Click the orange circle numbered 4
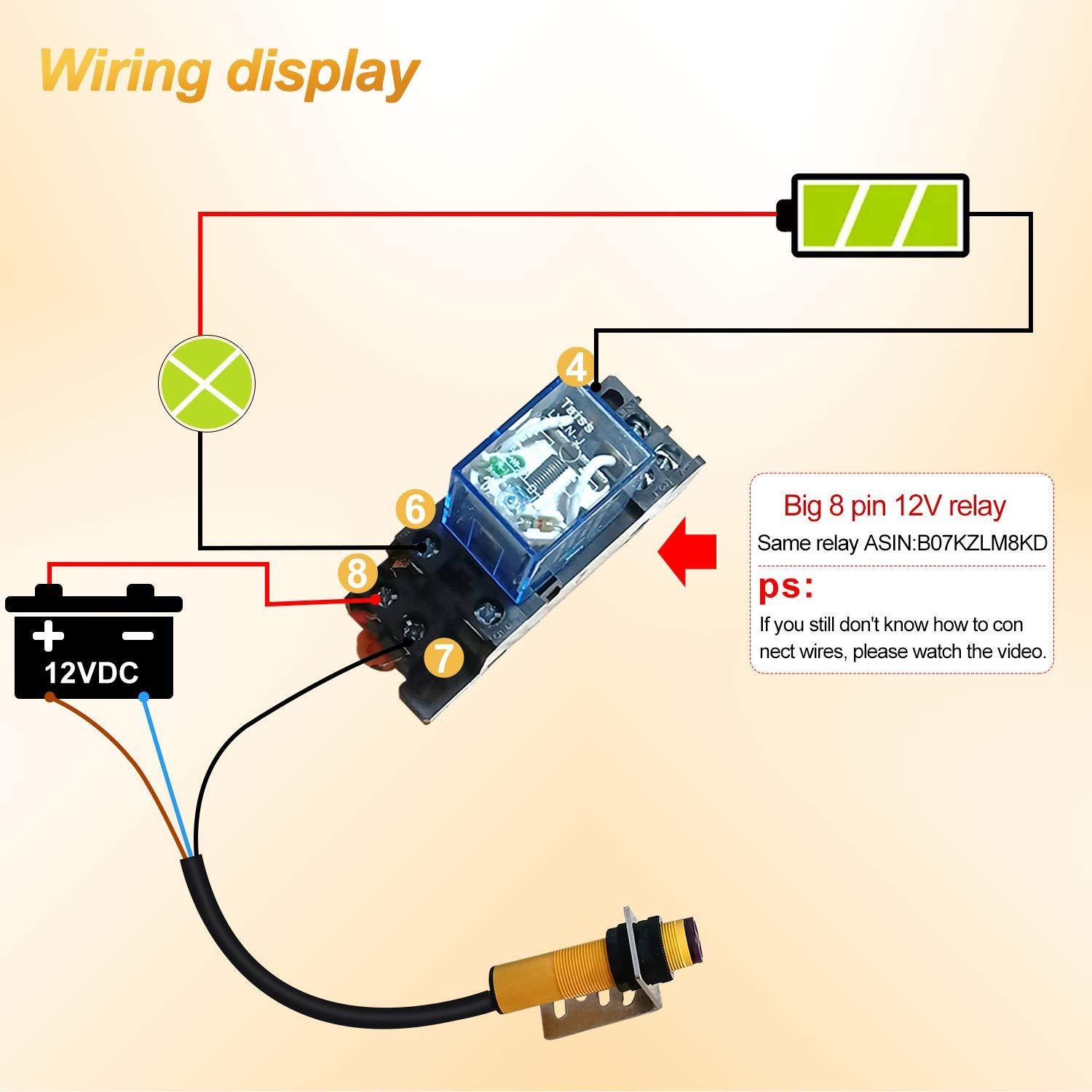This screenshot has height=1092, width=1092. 576,368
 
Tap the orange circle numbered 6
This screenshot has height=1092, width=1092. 415,509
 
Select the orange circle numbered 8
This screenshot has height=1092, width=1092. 357,574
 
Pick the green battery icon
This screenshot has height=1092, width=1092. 879,215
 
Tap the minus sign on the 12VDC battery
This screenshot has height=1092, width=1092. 138,635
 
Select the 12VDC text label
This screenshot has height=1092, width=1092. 92,673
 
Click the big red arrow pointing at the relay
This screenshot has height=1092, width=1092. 687,550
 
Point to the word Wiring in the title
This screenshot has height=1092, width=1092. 124,71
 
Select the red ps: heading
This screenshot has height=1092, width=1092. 786,587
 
